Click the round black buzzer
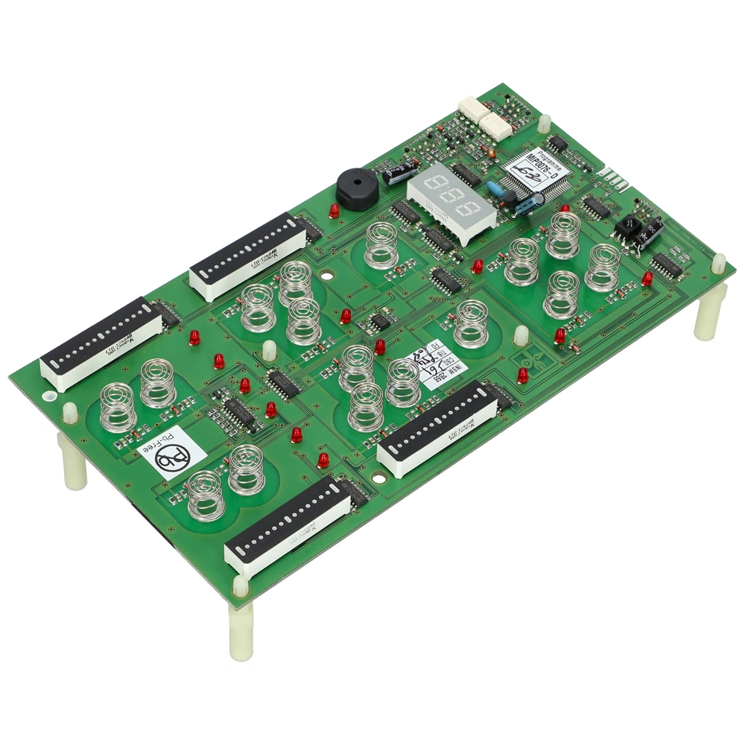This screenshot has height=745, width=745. click(357, 188)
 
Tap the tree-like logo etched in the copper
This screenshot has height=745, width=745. click(533, 363)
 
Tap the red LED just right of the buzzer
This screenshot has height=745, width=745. click(334, 211)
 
